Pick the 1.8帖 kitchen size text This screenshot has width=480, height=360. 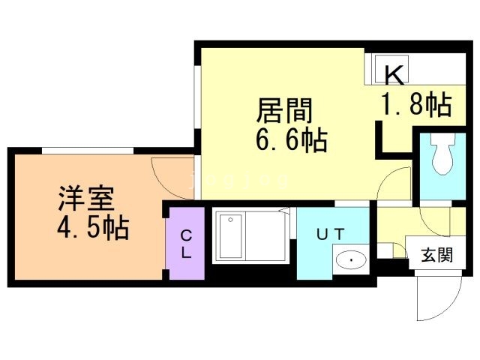click(x=417, y=106)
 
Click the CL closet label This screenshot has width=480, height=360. click(x=185, y=244)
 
